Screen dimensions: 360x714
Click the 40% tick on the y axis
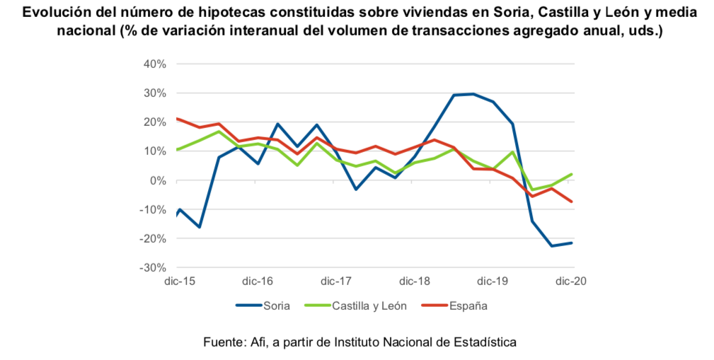pos(154,64)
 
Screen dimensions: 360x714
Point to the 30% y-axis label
pos(154,93)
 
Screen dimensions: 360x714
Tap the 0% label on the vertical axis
pos(156,180)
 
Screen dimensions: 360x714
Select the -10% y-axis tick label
pos(152,209)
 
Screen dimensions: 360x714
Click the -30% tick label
pos(152,268)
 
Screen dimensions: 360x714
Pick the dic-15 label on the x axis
pos(179,281)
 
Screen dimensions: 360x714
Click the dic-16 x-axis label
pos(258,281)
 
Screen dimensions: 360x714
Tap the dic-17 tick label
pos(336,281)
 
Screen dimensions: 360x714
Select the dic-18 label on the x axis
pos(415,281)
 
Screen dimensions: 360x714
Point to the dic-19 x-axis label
pos(493,281)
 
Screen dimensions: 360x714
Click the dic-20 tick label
pos(571,281)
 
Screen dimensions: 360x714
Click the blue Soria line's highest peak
pos(473,93)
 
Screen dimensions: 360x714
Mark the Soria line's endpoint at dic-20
pos(572,243)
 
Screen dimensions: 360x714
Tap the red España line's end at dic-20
pos(572,202)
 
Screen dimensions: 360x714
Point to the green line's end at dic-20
pos(572,174)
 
